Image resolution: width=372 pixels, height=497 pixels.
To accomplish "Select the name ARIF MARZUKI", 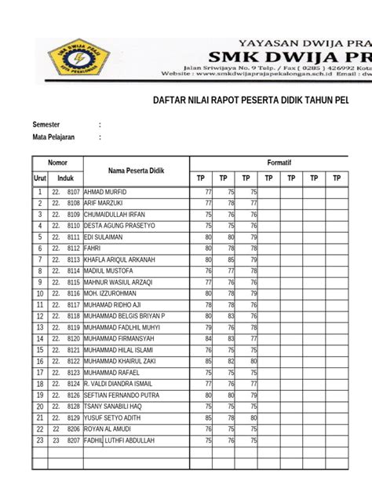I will pyautogui.click(x=104, y=203).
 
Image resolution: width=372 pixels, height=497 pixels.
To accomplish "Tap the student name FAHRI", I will pyautogui.click(x=93, y=248).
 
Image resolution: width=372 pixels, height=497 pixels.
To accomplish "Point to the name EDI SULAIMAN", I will pyautogui.click(x=103, y=237).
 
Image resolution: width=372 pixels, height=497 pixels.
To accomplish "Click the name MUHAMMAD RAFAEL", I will pyautogui.click(x=111, y=373).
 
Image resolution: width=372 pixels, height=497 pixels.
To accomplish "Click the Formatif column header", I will pyautogui.click(x=279, y=162).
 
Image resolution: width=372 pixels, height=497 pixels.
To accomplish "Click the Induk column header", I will pyautogui.click(x=66, y=179).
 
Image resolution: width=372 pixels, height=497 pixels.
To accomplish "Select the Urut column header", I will pyautogui.click(x=39, y=179).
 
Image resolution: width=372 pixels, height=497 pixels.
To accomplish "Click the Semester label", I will pyautogui.click(x=46, y=124).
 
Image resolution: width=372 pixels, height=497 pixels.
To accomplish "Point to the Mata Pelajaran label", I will pyautogui.click(x=53, y=137).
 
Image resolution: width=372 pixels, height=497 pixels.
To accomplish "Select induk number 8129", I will pyautogui.click(x=74, y=418).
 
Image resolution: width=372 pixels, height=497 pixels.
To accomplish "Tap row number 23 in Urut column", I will pyautogui.click(x=39, y=440).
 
